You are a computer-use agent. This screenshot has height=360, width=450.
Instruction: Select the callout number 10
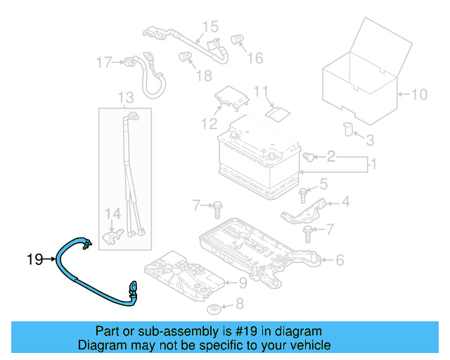(x=419, y=94)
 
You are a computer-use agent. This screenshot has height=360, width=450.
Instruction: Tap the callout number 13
(x=125, y=97)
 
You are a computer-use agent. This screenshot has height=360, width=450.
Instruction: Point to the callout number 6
(x=340, y=260)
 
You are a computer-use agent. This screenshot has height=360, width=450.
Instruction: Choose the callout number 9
(x=242, y=283)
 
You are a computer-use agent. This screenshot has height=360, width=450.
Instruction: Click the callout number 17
(x=104, y=63)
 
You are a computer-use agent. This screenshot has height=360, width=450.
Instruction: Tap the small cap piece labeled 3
(x=347, y=127)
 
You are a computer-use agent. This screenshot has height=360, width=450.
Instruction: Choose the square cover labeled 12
(x=231, y=98)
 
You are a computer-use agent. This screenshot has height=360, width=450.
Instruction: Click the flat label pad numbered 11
(x=276, y=112)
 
